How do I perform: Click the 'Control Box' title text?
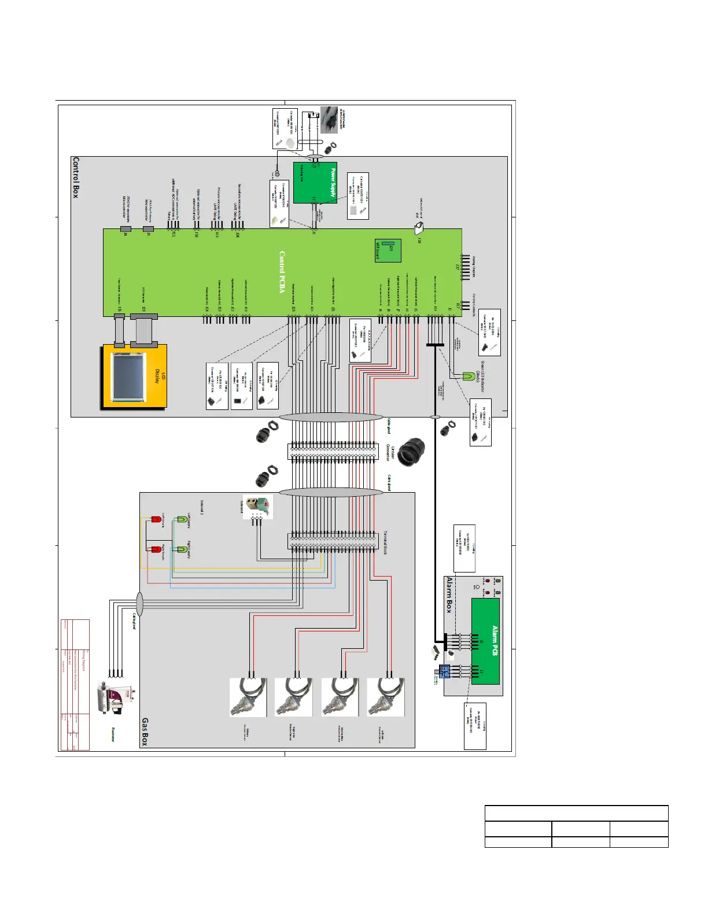75,177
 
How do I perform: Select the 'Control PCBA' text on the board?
282,272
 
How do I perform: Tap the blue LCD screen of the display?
129,377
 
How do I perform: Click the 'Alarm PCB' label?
495,641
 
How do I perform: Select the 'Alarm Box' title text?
449,594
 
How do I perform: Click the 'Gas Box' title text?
145,732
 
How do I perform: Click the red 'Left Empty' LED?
156,520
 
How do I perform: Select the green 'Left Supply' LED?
182,519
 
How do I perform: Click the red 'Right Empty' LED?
156,549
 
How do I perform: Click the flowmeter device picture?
117,697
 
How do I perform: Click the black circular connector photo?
411,452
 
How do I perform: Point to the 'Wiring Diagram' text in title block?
83,660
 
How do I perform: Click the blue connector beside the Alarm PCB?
444,671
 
